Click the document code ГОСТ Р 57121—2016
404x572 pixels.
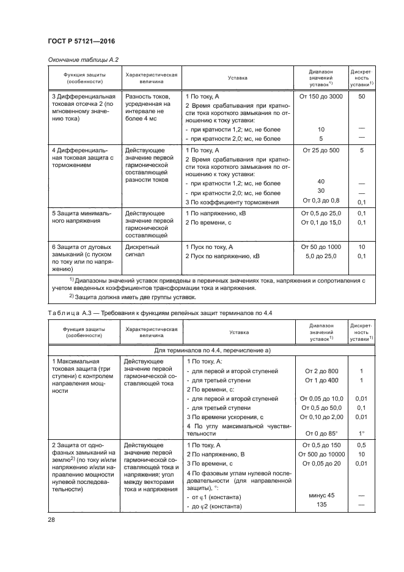tap(81, 41)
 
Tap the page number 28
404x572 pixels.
tap(51, 519)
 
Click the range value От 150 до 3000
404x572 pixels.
tap(321, 97)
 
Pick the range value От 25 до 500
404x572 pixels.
tap(321, 149)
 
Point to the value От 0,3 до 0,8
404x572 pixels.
tap(321, 202)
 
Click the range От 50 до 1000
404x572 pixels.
tap(321, 247)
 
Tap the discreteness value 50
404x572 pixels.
tap(362, 97)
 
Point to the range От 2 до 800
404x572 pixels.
tap(321, 371)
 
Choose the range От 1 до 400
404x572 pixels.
tap(321, 381)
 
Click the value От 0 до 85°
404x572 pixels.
tap(321, 434)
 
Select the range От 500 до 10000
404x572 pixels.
tap(321, 454)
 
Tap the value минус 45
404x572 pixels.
tap(321, 495)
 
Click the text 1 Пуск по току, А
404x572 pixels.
tap(210, 247)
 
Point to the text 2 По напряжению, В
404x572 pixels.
tap(216, 454)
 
